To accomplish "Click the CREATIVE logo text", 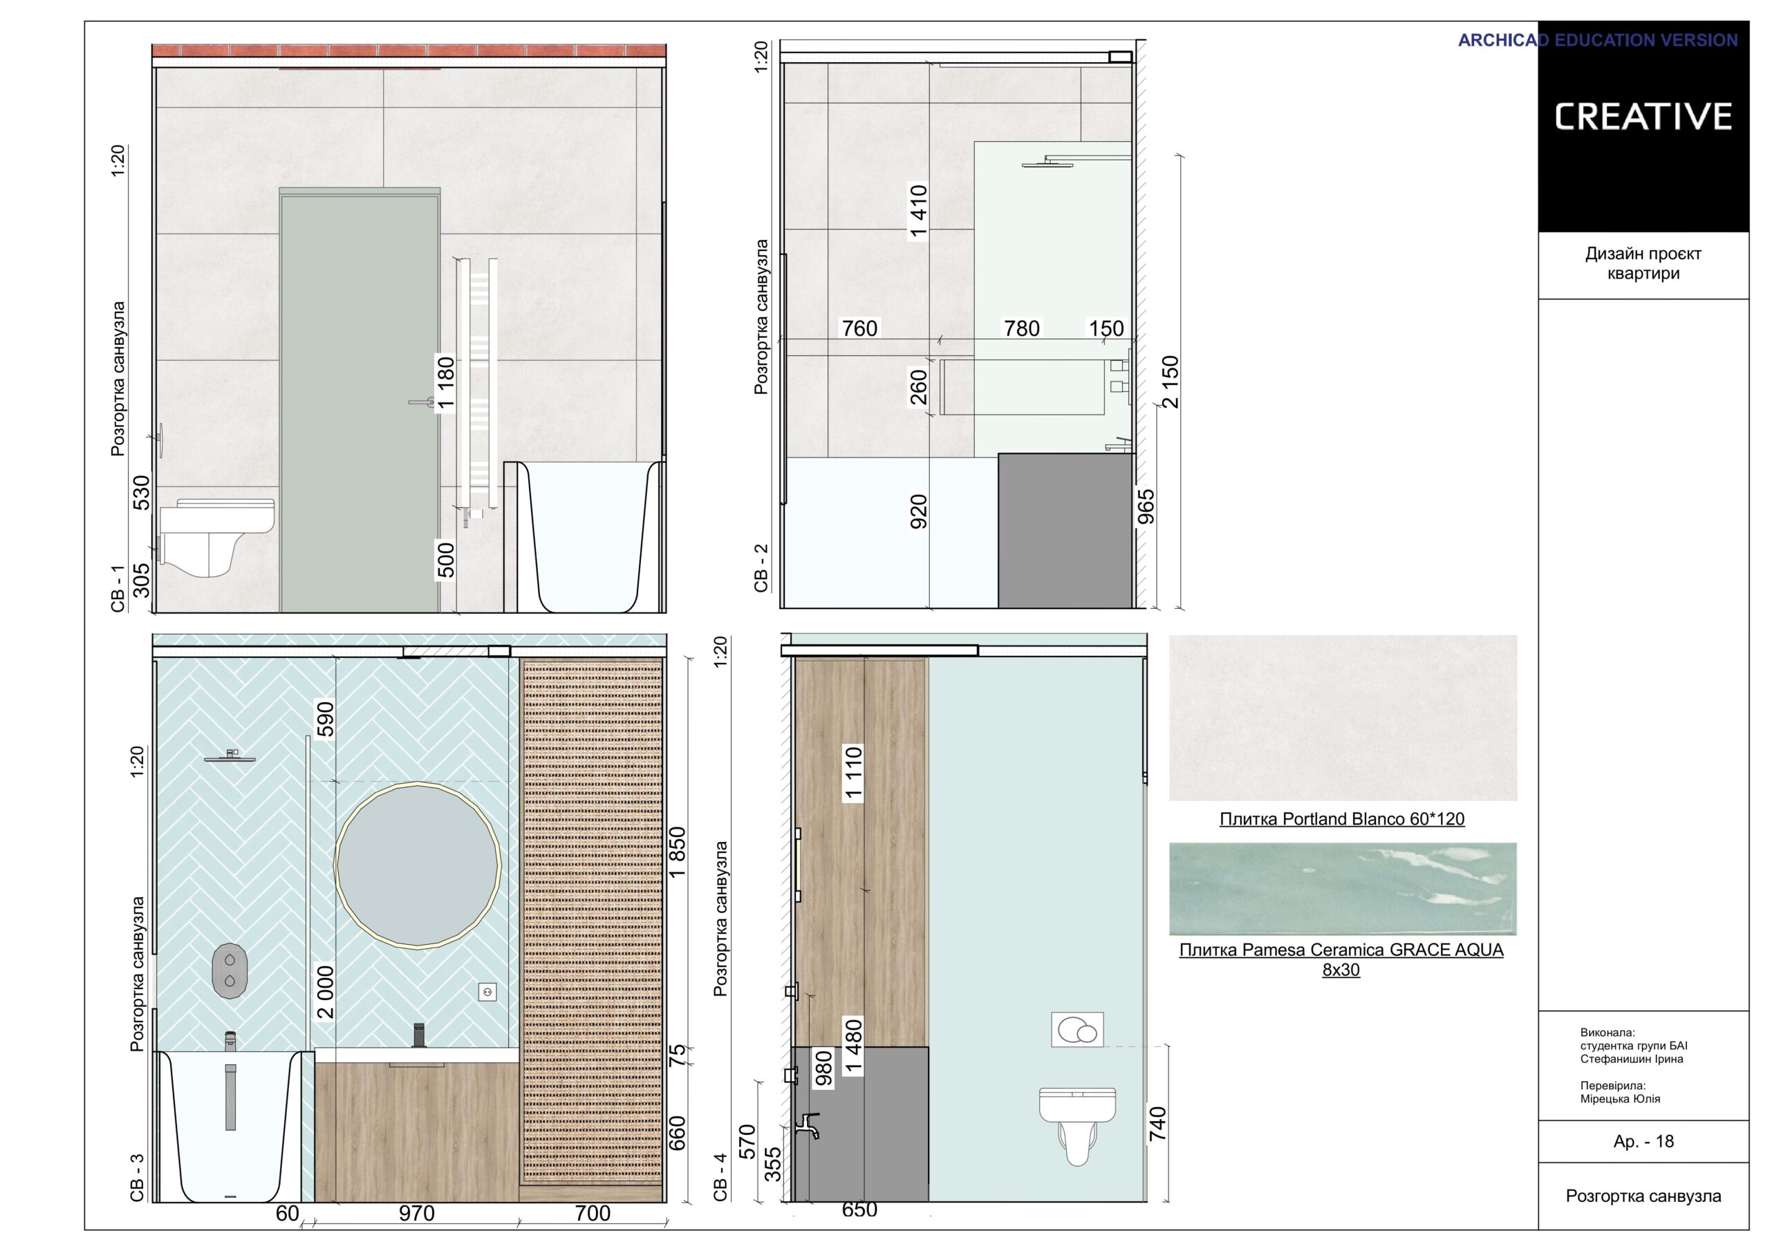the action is click(x=1643, y=116).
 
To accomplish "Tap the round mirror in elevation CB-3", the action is click(x=418, y=865).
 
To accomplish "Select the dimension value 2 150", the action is click(x=1171, y=382).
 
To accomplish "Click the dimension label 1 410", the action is click(x=918, y=212).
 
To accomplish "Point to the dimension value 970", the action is click(x=416, y=1213).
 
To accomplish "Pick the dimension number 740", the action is click(x=1157, y=1124).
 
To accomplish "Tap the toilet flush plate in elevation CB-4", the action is click(x=1077, y=1029).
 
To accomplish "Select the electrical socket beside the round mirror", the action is click(x=487, y=992).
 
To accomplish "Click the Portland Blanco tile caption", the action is click(x=1341, y=819).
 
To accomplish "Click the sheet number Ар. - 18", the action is click(x=1643, y=1142).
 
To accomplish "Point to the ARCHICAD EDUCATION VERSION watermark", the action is click(x=1597, y=40).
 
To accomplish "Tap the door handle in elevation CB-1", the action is click(x=422, y=402).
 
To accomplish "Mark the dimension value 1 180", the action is click(x=445, y=383).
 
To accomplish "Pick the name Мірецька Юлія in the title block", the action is click(x=1620, y=1098).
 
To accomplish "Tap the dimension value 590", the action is click(x=326, y=718).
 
